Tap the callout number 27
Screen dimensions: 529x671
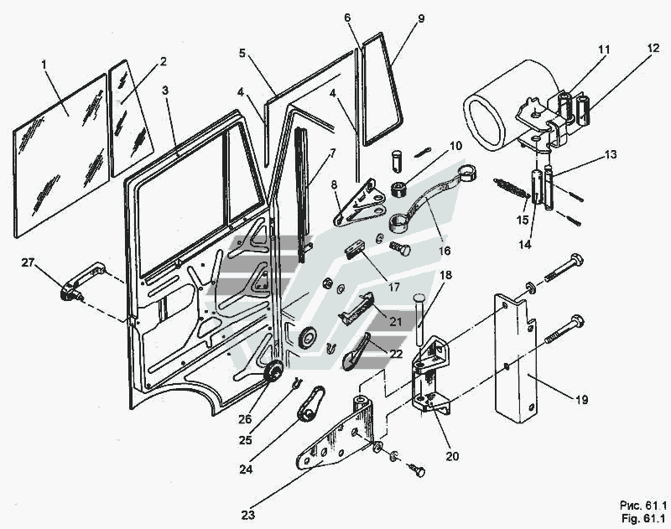pyautogui.click(x=28, y=262)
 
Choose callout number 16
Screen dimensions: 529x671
pyautogui.click(x=443, y=251)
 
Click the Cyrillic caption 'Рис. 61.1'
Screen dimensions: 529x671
pyautogui.click(x=642, y=506)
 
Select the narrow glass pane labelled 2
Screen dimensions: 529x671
pyautogui.click(x=130, y=117)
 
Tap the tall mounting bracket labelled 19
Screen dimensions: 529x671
pyautogui.click(x=516, y=360)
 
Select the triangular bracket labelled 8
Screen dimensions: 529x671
pyautogui.click(x=357, y=205)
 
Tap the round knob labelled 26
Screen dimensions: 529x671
pyautogui.click(x=273, y=373)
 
